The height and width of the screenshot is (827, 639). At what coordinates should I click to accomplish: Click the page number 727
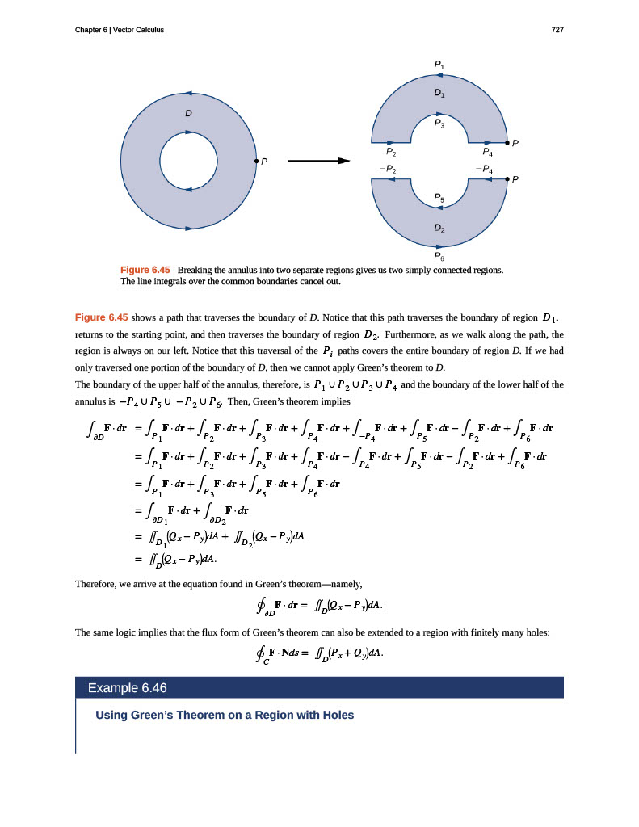557,31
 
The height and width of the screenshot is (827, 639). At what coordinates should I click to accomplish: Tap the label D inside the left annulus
188,113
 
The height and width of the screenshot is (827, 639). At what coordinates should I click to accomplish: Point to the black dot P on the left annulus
256,161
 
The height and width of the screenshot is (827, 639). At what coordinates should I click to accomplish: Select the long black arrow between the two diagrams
319,160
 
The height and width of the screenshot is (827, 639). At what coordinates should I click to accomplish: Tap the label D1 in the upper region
439,93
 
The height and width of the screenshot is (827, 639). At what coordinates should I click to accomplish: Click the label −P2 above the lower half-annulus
388,169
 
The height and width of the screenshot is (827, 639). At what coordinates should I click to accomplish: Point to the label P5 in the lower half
439,197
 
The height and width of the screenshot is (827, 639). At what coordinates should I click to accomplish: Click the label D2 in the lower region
439,228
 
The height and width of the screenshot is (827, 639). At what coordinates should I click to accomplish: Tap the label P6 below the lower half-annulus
439,256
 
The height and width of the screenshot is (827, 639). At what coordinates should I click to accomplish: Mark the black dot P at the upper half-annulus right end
507,143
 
